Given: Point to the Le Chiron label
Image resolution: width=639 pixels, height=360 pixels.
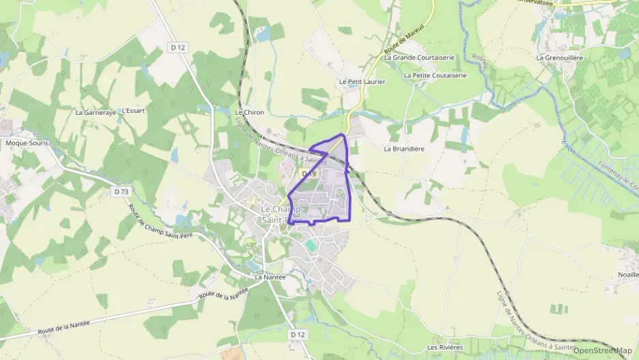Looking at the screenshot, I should pyautogui.click(x=249, y=112).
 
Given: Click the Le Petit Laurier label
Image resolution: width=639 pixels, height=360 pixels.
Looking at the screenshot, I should pyautogui.click(x=363, y=81).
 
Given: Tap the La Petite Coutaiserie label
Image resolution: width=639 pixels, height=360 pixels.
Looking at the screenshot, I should pyautogui.click(x=435, y=75).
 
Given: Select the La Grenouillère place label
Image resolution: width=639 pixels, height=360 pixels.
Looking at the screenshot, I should pyautogui.click(x=559, y=58).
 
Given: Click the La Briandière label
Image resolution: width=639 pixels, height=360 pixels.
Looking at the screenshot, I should pyautogui.click(x=405, y=148).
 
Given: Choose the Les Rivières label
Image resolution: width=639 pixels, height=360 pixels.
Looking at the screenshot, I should pyautogui.click(x=445, y=348).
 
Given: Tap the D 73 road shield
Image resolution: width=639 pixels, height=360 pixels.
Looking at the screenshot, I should pyautogui.click(x=122, y=192).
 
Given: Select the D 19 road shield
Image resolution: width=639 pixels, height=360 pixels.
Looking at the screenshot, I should pyautogui.click(x=308, y=175).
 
